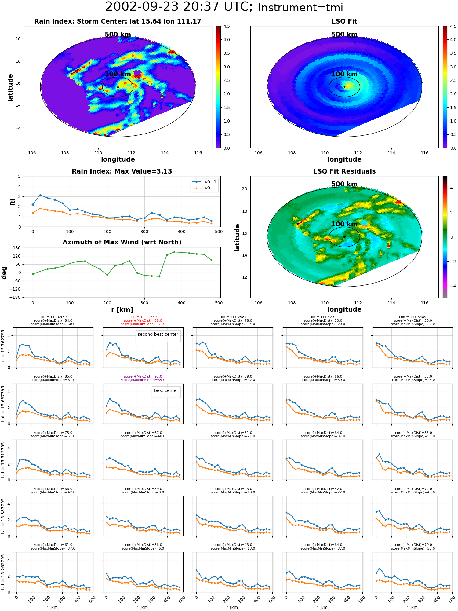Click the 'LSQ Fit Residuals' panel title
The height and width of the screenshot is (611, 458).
[x=344, y=171]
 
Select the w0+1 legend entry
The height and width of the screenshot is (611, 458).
[x=204, y=182]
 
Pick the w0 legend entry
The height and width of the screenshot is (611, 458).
[x=201, y=188]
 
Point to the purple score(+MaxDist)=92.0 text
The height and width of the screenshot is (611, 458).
[x=143, y=377]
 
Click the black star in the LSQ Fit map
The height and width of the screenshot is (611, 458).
[x=344, y=87]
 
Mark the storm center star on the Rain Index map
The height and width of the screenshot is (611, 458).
[x=118, y=87]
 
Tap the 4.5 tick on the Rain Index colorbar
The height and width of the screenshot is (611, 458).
[x=226, y=26]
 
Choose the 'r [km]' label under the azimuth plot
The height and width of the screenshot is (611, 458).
[x=122, y=310]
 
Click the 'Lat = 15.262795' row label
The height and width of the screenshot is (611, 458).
[x=3, y=572]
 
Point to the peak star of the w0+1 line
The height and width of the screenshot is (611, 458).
[x=40, y=195]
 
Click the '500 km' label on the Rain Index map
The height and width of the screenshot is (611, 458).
[x=118, y=35]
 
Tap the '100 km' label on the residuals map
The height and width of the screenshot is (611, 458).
[x=344, y=224]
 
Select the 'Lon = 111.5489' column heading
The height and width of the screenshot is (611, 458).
[x=413, y=317]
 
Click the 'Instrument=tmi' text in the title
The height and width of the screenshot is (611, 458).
[x=300, y=8]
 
